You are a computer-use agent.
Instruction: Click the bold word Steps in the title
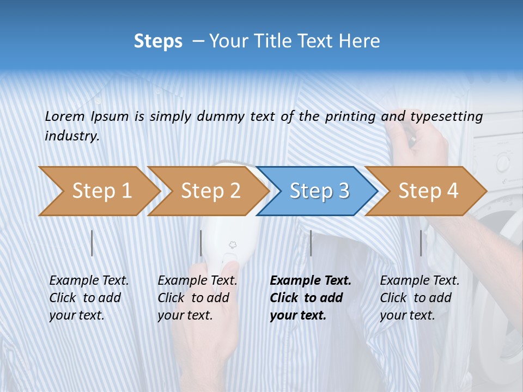[158, 41]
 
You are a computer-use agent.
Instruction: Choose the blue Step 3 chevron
[319, 191]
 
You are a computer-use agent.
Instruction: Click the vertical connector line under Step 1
[92, 243]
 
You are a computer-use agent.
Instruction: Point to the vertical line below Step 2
[201, 243]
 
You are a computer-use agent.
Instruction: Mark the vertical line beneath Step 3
[311, 243]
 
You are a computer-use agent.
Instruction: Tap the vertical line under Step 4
[421, 243]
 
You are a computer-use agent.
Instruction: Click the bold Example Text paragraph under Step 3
[311, 298]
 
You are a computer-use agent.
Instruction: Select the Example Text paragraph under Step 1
[89, 298]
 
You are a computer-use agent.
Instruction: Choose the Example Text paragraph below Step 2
[197, 298]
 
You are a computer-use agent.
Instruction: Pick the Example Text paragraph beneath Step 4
[419, 298]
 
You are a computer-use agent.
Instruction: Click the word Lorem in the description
[65, 116]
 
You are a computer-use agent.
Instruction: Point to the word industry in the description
[72, 136]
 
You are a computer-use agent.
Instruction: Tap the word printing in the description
[350, 117]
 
